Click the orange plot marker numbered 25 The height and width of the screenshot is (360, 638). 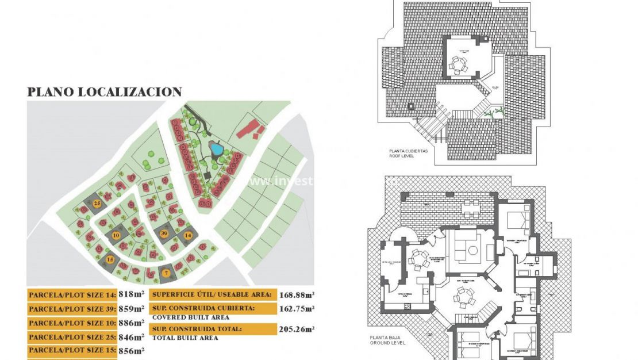tap(97, 204)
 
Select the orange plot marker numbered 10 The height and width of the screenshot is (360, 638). tap(116, 235)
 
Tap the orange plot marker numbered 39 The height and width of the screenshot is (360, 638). tap(164, 233)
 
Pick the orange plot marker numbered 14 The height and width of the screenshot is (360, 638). tap(187, 235)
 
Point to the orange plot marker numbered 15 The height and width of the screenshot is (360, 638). tap(110, 260)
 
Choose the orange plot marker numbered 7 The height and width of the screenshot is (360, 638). tap(166, 273)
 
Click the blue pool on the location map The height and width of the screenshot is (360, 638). tap(217, 150)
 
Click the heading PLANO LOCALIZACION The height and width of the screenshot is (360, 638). tap(105, 92)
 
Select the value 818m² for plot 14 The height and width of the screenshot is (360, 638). tap(130, 294)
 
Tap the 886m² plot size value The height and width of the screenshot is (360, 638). tap(130, 323)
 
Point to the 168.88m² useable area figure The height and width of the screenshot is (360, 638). tap(297, 295)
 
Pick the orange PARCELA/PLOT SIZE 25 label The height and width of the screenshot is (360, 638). tap(72, 337)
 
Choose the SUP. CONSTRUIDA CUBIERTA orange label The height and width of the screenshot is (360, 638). tap(211, 308)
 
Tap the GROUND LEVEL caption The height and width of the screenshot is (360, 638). tap(388, 343)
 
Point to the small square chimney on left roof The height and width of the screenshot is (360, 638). tap(412, 106)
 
